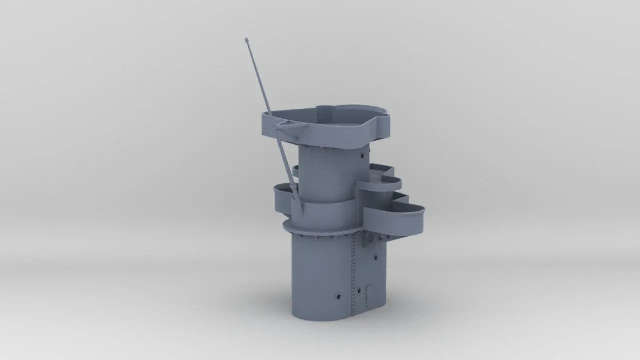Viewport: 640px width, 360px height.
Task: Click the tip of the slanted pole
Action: tap(247, 39)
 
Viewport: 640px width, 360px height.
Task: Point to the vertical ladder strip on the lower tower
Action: tap(354, 275)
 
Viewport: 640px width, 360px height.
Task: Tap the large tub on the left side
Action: tap(283, 198)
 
